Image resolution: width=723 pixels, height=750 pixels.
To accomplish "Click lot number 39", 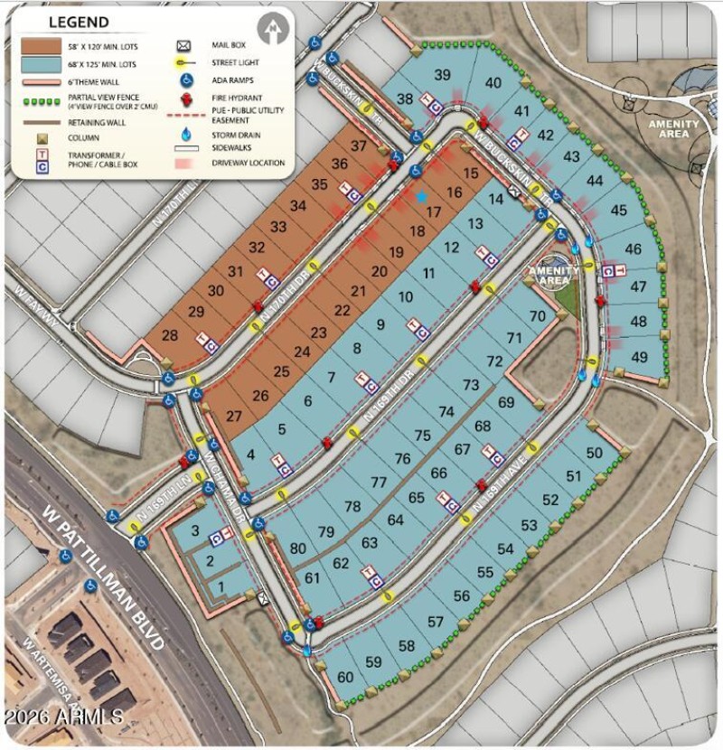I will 442,75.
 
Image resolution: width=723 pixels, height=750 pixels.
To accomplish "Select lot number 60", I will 345,677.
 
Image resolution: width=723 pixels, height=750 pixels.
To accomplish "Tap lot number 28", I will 170,336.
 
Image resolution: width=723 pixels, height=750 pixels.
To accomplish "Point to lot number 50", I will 595,453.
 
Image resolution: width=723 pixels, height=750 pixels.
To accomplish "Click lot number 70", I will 538,316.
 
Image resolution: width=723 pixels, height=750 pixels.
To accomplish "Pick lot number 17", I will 434,212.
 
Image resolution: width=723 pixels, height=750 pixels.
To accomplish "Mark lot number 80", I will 297,548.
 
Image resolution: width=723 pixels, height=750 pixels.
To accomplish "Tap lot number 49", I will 640,356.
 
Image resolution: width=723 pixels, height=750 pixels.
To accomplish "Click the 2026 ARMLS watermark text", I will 63,717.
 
